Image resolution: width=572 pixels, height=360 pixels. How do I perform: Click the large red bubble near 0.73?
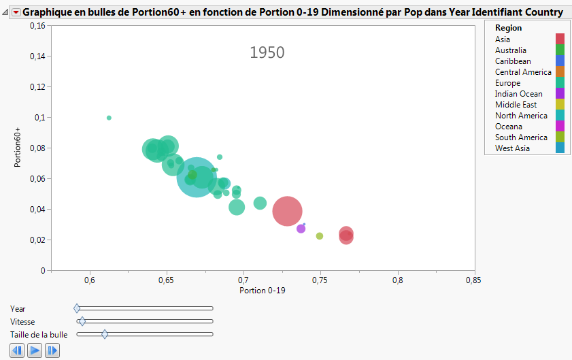pyautogui.click(x=287, y=211)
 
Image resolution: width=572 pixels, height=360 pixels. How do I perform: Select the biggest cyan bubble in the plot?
pyautogui.click(x=197, y=178)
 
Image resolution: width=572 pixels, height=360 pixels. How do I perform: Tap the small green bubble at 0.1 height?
pyautogui.click(x=109, y=118)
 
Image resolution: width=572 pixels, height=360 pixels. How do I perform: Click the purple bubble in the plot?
pyautogui.click(x=301, y=229)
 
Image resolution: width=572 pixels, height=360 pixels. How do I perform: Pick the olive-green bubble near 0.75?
pyautogui.click(x=320, y=236)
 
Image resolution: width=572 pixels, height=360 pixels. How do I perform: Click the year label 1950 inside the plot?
pyautogui.click(x=267, y=52)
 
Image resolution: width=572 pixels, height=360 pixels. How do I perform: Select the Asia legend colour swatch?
pyautogui.click(x=560, y=39)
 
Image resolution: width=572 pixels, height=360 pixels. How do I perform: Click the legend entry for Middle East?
pyautogui.click(x=516, y=105)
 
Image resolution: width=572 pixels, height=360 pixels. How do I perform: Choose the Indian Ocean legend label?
pyautogui.click(x=518, y=94)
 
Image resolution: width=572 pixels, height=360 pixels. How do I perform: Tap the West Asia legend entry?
pyautogui.click(x=512, y=148)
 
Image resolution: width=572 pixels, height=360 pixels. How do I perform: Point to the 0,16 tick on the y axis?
pyautogui.click(x=36, y=26)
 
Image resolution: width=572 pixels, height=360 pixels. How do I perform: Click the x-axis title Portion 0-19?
pyautogui.click(x=263, y=291)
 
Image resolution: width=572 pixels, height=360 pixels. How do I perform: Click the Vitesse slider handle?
pyautogui.click(x=82, y=321)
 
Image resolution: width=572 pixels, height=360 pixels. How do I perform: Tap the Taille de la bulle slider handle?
pyautogui.click(x=105, y=334)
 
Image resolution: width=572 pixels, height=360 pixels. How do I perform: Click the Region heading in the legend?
pyautogui.click(x=508, y=28)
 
